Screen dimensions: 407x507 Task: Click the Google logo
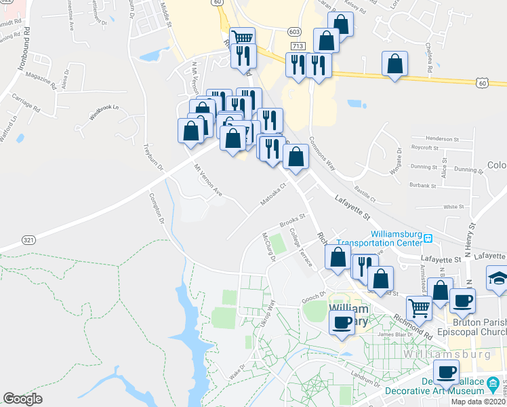22,399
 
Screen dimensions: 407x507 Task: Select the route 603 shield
293,32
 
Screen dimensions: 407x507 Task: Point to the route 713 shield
298,45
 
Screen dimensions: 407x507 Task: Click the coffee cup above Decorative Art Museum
446,372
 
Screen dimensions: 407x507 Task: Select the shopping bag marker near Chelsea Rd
394,65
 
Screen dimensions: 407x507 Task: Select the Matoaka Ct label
275,193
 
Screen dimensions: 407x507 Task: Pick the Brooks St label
294,222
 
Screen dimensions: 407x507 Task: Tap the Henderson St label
434,138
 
